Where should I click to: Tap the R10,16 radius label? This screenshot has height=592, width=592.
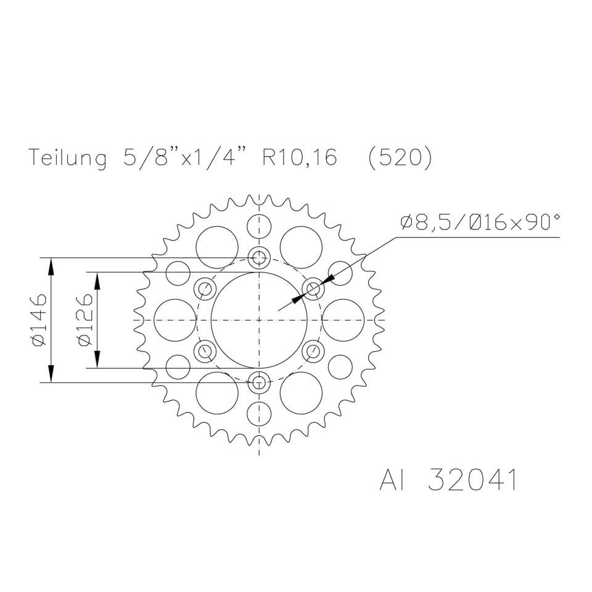[300, 158]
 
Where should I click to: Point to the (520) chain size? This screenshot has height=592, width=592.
[399, 158]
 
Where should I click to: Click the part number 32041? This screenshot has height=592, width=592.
[472, 480]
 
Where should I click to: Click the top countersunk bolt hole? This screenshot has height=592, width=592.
[259, 257]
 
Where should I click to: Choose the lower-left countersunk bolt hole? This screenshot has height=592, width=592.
[204, 351]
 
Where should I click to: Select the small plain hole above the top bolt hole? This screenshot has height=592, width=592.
[259, 227]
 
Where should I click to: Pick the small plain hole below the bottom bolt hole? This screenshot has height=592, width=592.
[259, 413]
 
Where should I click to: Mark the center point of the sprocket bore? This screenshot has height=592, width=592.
[259, 320]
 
